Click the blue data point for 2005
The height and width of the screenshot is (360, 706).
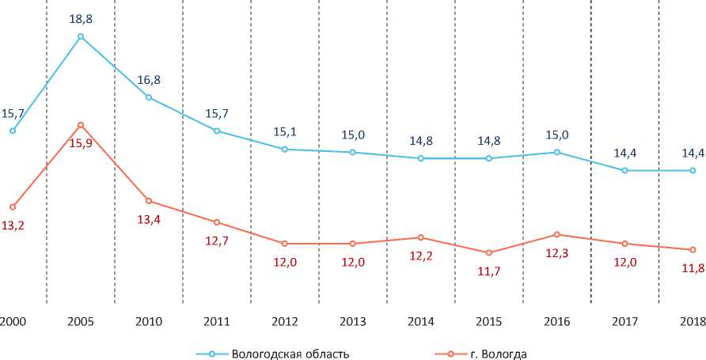click(81, 36)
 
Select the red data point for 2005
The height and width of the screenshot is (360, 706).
click(81, 125)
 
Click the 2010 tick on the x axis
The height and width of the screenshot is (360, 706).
click(149, 321)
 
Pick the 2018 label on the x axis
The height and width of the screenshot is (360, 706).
click(693, 321)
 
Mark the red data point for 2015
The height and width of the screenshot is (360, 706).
click(489, 252)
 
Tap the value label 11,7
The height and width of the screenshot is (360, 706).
click(489, 273)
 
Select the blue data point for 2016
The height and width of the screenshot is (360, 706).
click(557, 152)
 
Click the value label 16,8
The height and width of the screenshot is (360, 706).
click(149, 79)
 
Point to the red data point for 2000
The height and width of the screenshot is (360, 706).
click(13, 207)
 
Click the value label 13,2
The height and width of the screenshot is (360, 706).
click(13, 225)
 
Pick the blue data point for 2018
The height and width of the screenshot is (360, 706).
click(693, 170)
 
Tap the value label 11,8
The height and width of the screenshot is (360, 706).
click(693, 270)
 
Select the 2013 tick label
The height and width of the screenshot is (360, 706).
click(353, 321)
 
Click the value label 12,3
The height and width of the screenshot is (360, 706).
click(557, 255)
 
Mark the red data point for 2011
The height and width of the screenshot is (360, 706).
click(217, 222)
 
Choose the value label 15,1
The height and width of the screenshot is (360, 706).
click(285, 131)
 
